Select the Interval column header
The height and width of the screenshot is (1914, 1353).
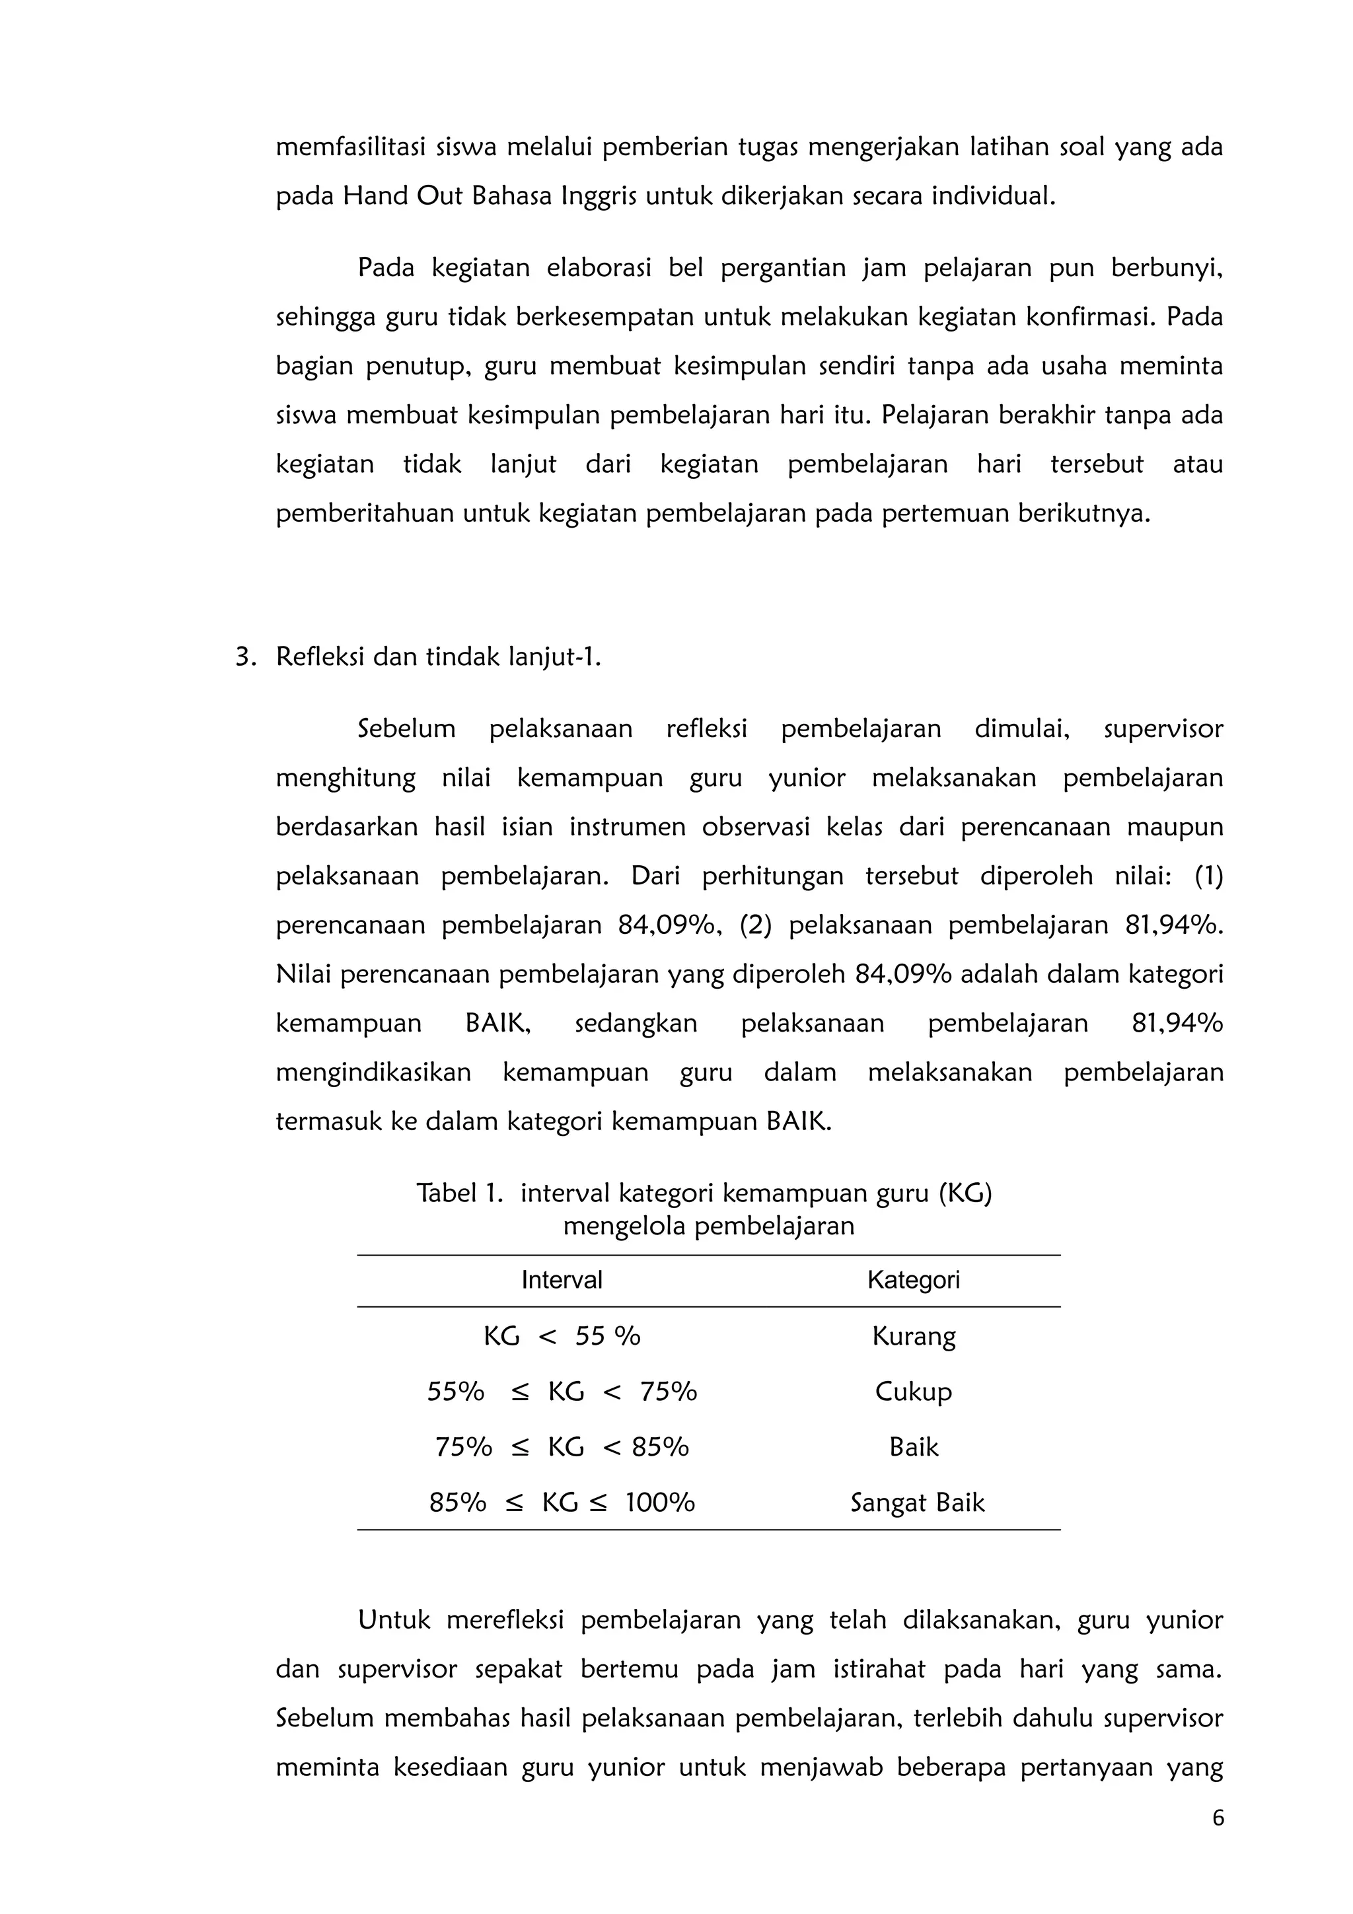[561, 1279]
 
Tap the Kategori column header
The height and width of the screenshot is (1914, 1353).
[913, 1279]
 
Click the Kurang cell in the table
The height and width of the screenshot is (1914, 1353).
[914, 1336]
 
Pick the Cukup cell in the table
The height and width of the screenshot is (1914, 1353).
[913, 1392]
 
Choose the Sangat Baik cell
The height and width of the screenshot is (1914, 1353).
[917, 1502]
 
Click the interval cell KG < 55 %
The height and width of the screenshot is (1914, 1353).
[561, 1336]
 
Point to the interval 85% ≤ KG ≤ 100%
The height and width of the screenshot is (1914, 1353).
[561, 1502]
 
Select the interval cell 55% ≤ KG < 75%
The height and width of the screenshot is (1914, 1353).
[561, 1392]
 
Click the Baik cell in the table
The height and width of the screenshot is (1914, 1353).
[914, 1446]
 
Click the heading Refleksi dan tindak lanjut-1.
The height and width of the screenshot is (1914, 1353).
[439, 657]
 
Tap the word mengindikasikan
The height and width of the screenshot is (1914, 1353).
[373, 1072]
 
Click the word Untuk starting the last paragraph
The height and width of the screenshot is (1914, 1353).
[394, 1619]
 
